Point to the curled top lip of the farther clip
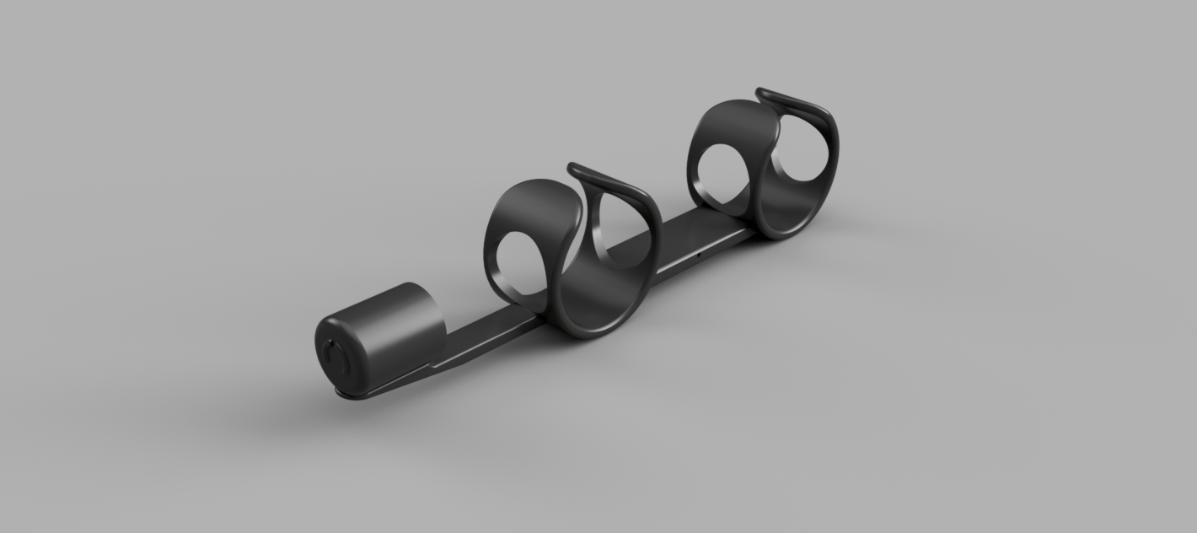(x=792, y=101)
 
